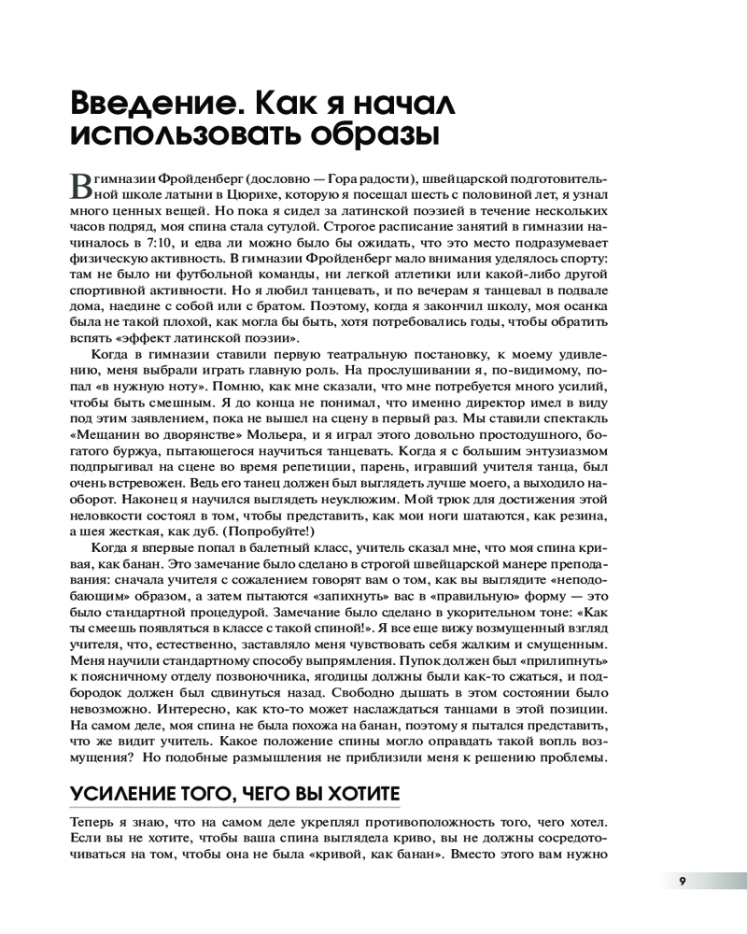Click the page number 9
683,881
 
